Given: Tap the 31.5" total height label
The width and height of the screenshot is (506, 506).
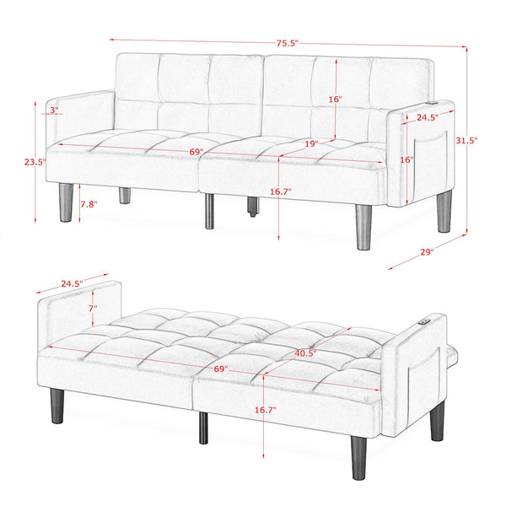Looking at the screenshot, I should [x=466, y=141].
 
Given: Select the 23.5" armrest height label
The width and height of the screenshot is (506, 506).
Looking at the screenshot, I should [x=35, y=161].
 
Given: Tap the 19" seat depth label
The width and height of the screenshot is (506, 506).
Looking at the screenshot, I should [x=311, y=144].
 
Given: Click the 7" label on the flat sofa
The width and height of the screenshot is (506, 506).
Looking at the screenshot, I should [x=94, y=309].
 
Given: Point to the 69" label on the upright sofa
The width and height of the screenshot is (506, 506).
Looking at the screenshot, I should [x=196, y=152].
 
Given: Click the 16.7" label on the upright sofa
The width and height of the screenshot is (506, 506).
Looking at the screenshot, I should [x=280, y=192].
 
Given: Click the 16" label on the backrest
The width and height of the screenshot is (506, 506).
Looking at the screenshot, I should [x=335, y=99].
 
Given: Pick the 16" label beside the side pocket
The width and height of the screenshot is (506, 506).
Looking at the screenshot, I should [x=406, y=159].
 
